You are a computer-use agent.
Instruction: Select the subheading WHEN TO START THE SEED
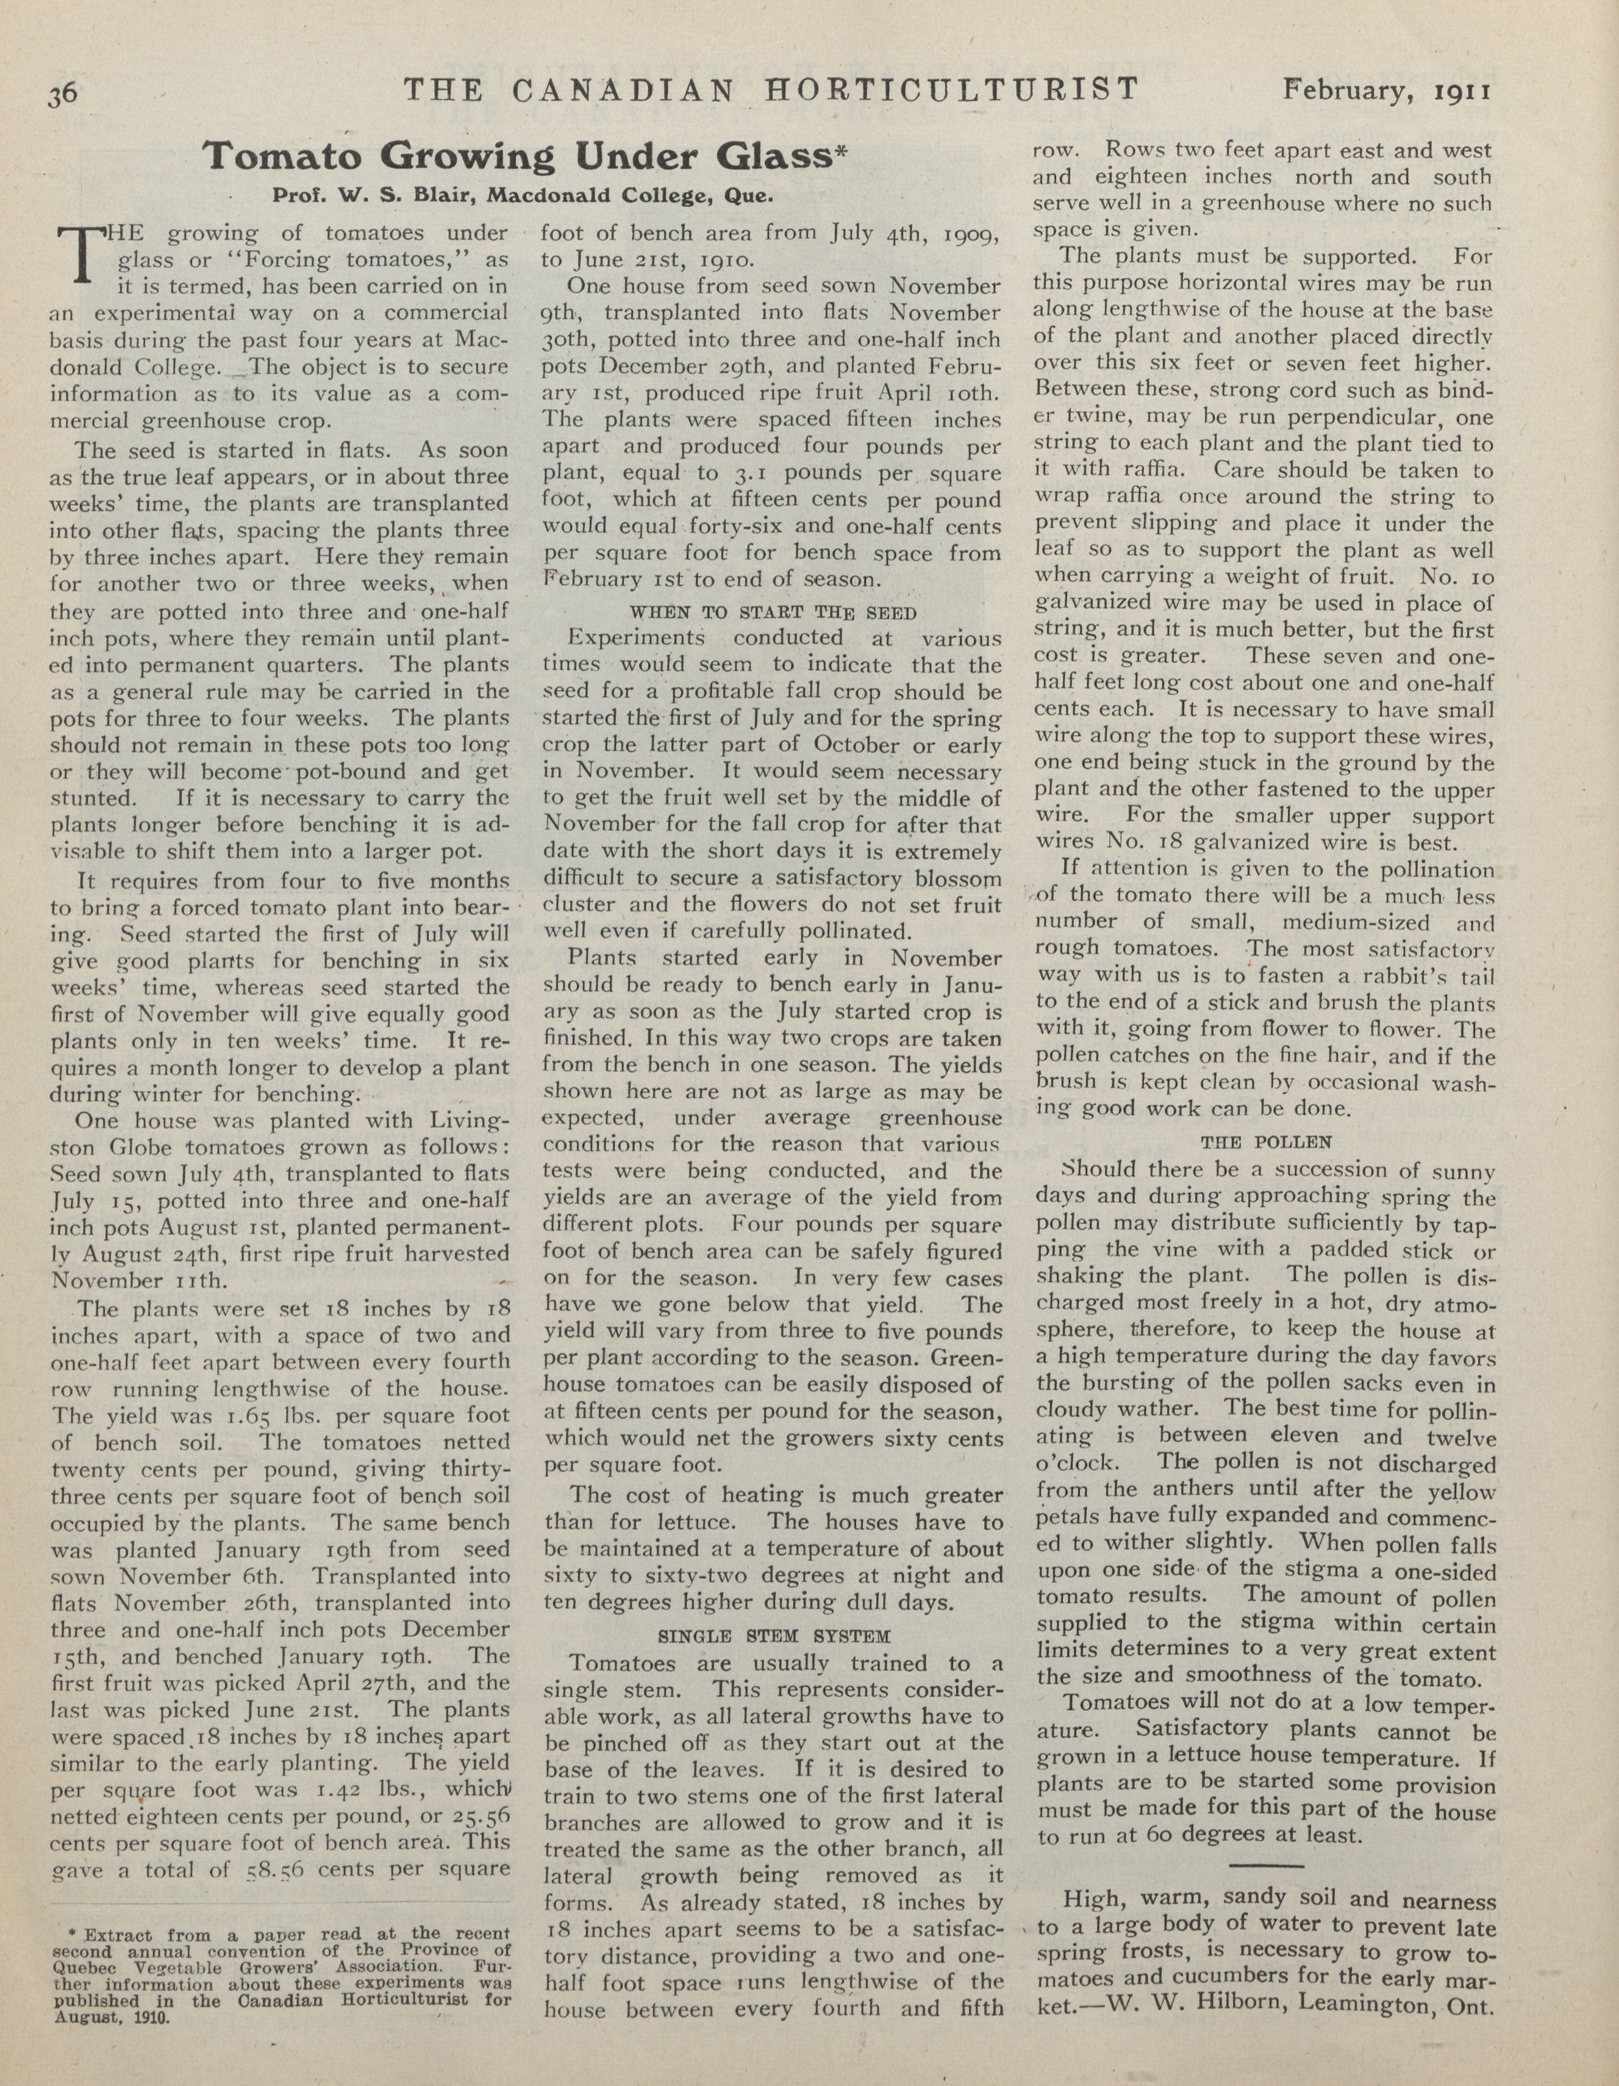click(773, 612)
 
